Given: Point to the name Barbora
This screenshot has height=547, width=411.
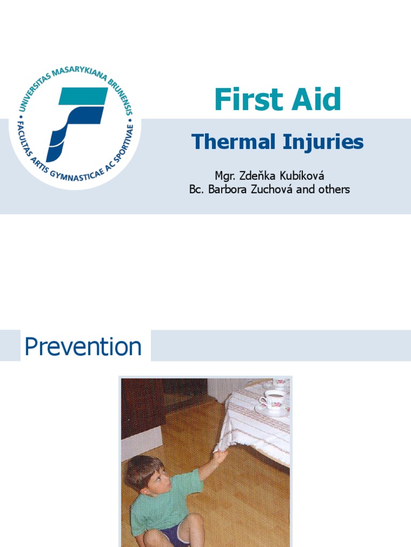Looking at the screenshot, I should coord(225,190).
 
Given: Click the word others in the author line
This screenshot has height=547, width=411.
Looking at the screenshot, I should coord(332,190).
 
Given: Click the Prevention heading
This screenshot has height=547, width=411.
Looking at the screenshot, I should coord(83,347).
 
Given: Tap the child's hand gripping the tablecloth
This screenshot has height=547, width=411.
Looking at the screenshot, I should coord(219,456).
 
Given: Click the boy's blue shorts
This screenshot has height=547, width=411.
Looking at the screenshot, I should coord(172,536).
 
